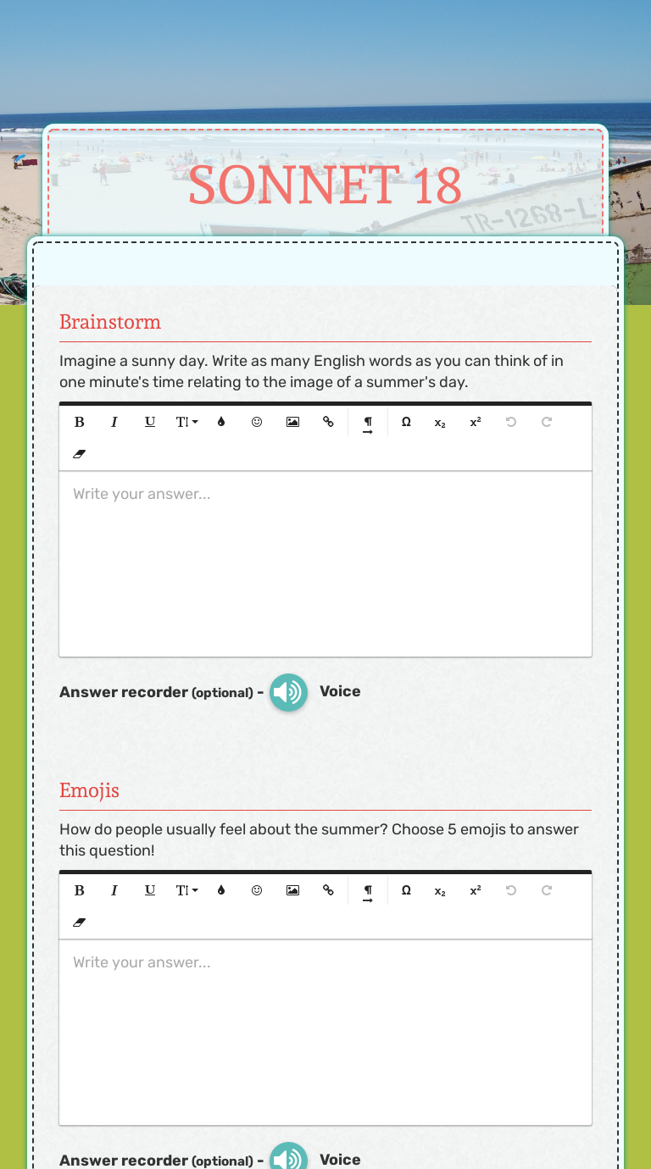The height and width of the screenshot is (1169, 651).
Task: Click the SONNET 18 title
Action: [325, 185]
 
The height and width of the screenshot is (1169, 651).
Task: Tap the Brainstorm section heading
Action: [110, 322]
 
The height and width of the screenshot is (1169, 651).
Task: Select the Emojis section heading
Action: [89, 790]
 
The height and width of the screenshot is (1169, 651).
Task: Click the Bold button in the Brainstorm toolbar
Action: [80, 422]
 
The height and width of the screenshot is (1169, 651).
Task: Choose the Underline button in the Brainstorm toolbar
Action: [150, 422]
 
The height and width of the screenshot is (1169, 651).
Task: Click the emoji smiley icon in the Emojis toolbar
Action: [257, 890]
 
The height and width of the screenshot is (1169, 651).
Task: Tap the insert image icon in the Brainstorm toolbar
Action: [292, 422]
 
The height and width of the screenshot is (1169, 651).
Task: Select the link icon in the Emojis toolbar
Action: [328, 890]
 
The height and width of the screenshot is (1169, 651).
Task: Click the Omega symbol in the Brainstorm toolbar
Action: [406, 422]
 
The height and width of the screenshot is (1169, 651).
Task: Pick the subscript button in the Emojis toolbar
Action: [440, 890]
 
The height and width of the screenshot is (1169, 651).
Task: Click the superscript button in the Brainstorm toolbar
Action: [476, 422]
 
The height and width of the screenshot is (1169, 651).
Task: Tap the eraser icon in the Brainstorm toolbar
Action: [80, 454]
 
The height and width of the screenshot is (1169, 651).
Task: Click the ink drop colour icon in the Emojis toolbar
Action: [221, 890]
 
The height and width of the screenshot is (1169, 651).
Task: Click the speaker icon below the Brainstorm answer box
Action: [288, 692]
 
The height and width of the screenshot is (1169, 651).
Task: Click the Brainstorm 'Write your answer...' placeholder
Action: [142, 494]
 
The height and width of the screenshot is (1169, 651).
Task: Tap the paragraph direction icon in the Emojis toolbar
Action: [368, 892]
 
